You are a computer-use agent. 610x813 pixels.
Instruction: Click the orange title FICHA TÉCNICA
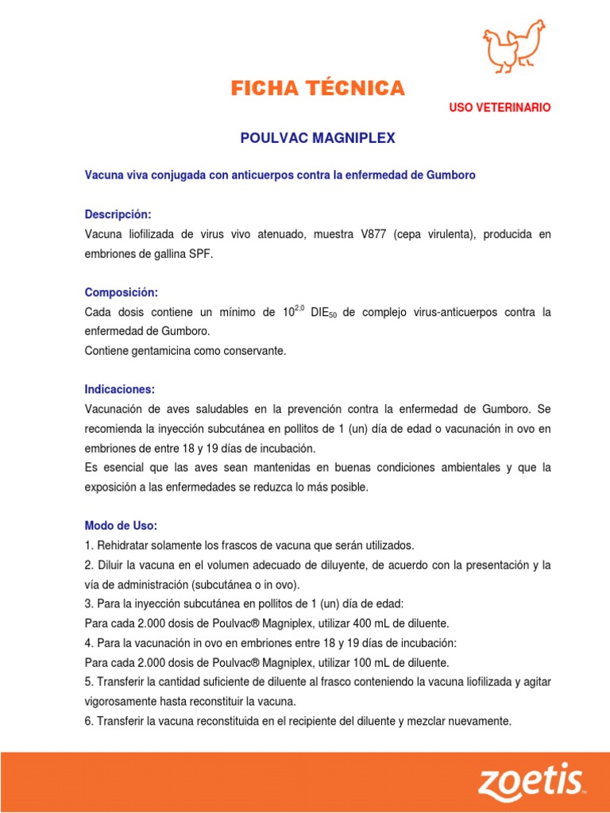coord(318,88)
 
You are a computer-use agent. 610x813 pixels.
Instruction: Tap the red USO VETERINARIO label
coord(500,107)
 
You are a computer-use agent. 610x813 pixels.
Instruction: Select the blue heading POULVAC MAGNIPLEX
coord(317,138)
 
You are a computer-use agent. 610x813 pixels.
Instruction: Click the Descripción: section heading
coord(118,215)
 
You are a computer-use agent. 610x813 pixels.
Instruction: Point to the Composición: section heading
coord(122,292)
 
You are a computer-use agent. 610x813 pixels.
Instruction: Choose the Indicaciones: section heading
coord(120,389)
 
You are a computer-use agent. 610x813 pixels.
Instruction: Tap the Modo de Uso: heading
coord(122,526)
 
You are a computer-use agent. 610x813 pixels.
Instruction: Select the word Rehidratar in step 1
coord(123,545)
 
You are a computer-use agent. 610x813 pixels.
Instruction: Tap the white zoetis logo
coord(529,781)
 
